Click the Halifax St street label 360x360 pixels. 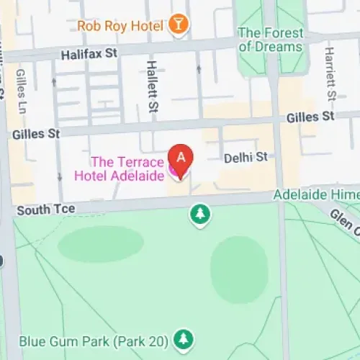coord(89,53)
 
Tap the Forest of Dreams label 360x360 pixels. coord(270,40)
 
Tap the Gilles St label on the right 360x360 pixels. coord(310,117)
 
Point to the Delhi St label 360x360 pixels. coord(245,156)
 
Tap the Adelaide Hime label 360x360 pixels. coord(315,195)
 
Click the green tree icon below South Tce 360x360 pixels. coord(199,213)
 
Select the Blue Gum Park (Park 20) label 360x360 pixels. coord(94,338)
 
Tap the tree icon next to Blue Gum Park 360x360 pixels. coord(185,338)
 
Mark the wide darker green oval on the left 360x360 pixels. coord(101,244)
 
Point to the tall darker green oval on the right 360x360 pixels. coord(239,269)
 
